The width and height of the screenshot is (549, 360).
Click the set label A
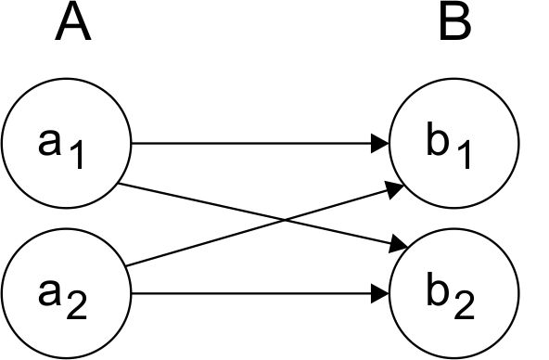click(72, 24)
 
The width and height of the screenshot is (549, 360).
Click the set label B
click(454, 24)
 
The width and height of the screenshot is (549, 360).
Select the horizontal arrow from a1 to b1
click(250, 144)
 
